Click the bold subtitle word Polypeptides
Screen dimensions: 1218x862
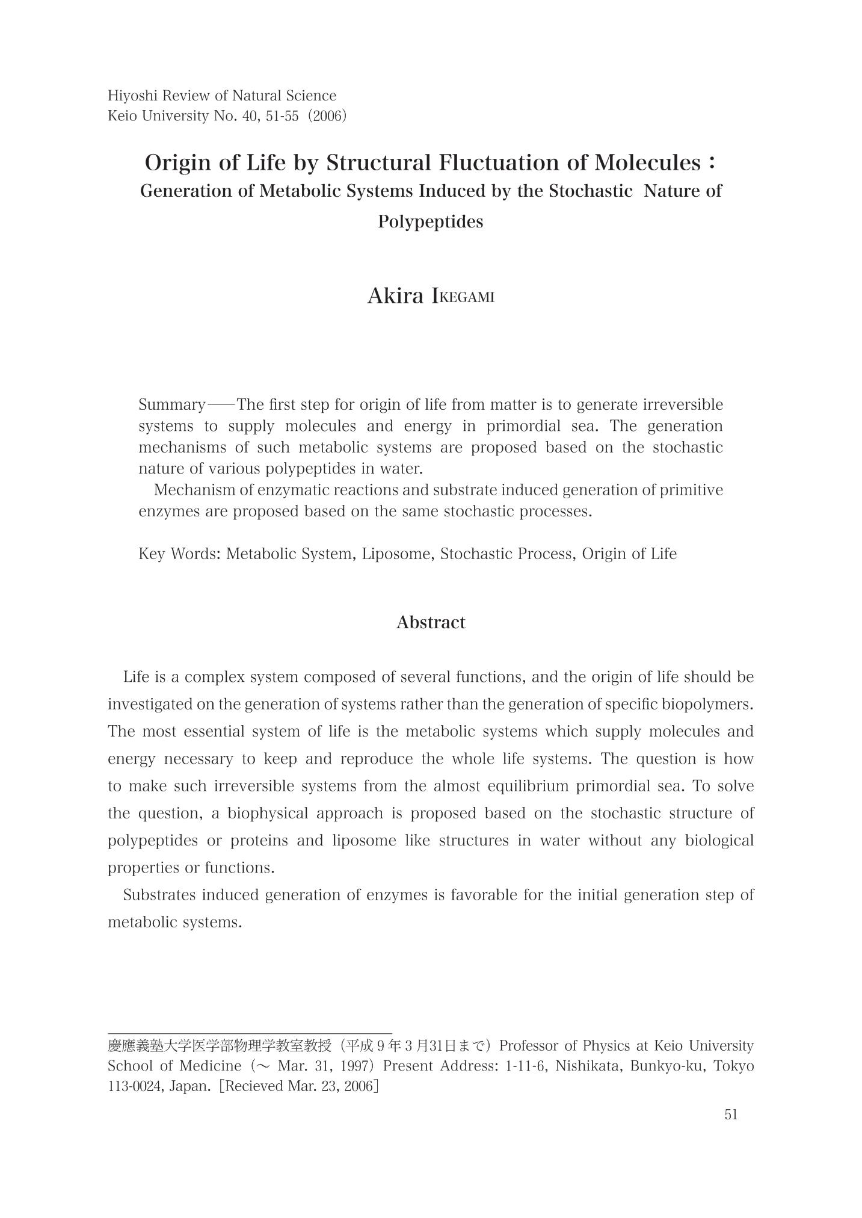pyautogui.click(x=431, y=221)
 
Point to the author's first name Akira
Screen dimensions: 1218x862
pyautogui.click(x=395, y=296)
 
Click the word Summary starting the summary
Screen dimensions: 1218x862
pyautogui.click(x=171, y=404)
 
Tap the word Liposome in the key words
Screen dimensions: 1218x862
pyautogui.click(x=397, y=554)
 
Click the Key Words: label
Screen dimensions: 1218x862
pyautogui.click(x=179, y=554)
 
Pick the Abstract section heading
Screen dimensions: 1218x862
pyautogui.click(x=431, y=622)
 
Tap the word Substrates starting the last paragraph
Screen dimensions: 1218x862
pyautogui.click(x=159, y=895)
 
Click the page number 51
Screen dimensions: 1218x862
pyautogui.click(x=731, y=1114)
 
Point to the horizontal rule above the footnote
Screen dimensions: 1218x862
pyautogui.click(x=250, y=1033)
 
